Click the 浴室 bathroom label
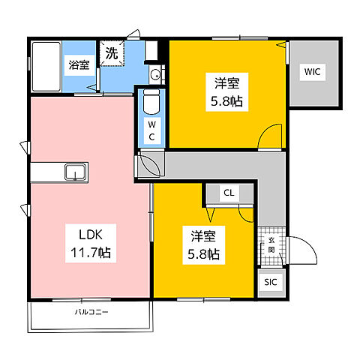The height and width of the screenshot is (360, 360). click(79, 64)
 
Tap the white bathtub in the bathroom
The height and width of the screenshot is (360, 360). click(46, 64)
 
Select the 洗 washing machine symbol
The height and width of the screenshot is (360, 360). click(111, 55)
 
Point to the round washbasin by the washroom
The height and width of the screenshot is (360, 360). click(155, 73)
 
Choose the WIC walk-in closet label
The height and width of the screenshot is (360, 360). click(313, 72)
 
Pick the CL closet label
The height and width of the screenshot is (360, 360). click(229, 193)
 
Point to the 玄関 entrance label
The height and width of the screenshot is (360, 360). click(271, 244)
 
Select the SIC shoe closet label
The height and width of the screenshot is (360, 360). click(271, 282)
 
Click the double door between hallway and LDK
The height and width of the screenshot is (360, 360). click(148, 164)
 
